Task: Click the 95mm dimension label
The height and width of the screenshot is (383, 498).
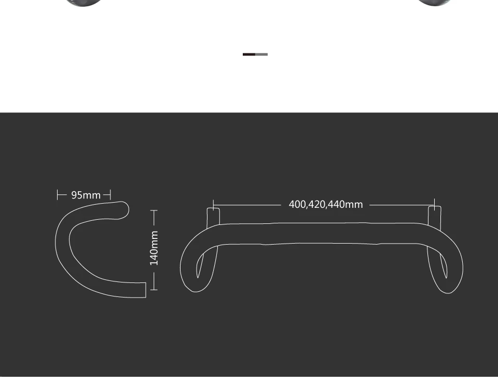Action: coord(86,195)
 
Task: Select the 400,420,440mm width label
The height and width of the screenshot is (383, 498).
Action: coord(326,204)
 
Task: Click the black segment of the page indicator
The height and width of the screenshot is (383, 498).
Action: coord(249,54)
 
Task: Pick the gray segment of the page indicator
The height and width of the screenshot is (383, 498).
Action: coord(261,54)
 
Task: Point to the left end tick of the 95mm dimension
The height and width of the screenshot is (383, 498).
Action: coord(58,194)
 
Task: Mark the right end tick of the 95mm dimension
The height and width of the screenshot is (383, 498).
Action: coord(110,194)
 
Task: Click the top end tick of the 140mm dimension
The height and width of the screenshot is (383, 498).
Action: coord(154,210)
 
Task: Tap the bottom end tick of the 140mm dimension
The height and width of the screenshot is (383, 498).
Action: coord(154,289)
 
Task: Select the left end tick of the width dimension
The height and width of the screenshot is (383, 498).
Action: coord(213,205)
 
